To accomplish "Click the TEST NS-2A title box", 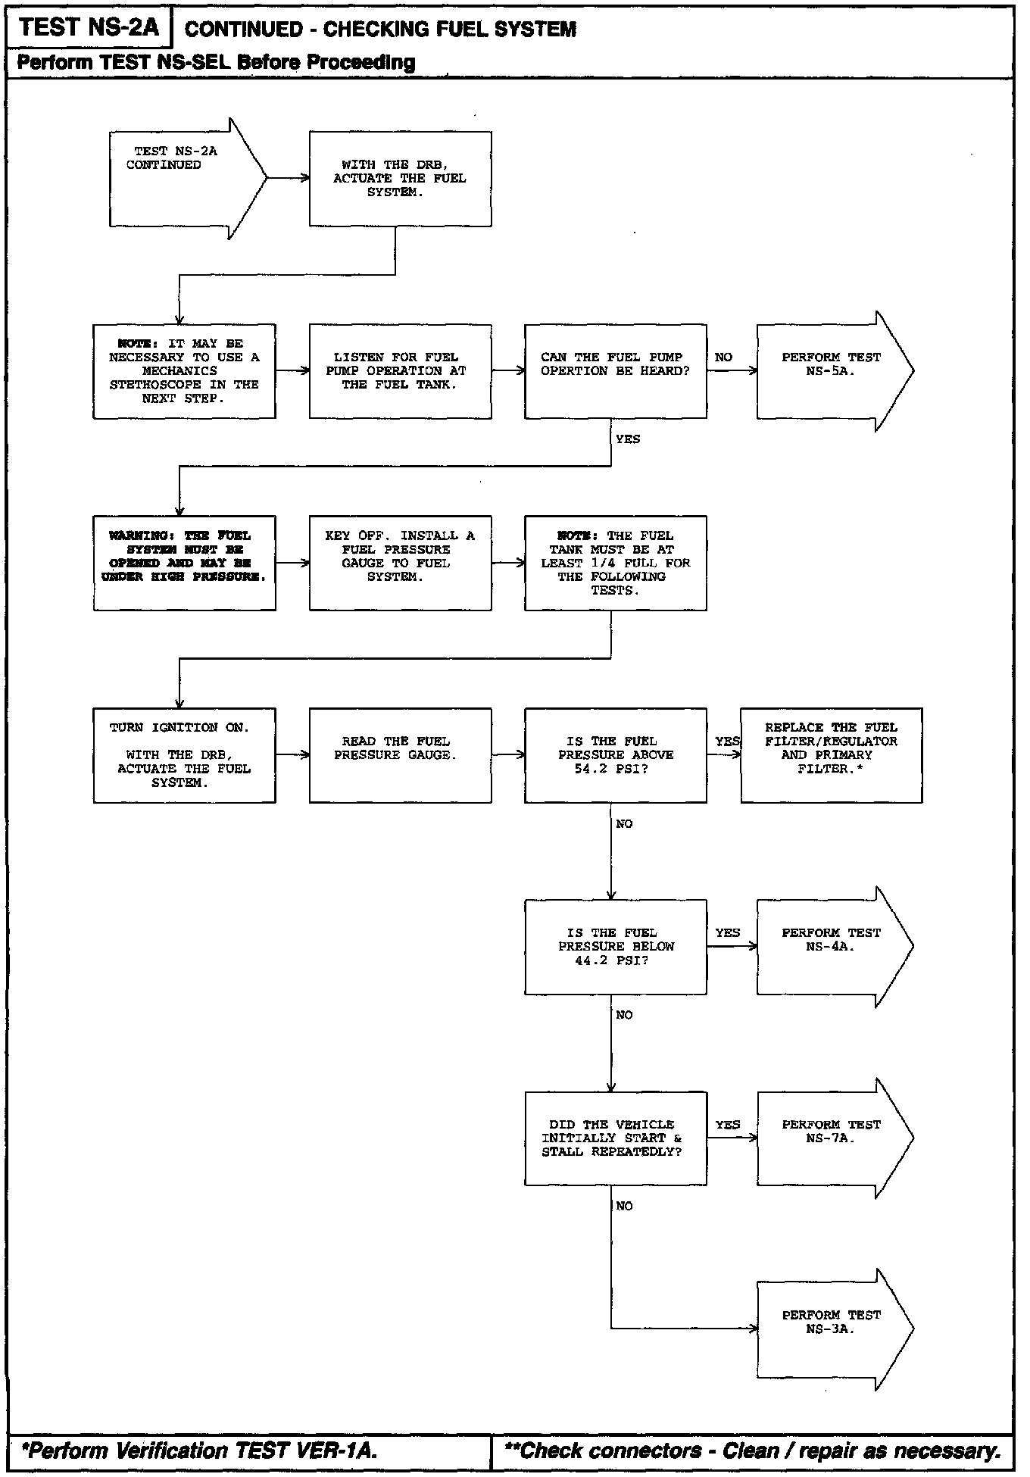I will (89, 28).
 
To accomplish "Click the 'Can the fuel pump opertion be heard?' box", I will (615, 370).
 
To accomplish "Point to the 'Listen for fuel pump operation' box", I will (400, 370).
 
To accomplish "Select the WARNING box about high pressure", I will (184, 563).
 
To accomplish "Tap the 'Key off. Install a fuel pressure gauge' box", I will (400, 563).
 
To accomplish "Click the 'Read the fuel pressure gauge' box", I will (400, 754).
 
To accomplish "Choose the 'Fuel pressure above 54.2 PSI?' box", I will (615, 754).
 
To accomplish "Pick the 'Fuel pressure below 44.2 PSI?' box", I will (615, 946).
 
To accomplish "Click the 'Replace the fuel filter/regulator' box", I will (831, 754).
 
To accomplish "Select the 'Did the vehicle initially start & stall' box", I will (615, 1138).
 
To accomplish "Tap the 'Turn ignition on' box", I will (184, 754).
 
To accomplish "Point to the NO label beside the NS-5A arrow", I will (723, 357).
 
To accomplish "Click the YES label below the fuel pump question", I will (628, 439).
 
